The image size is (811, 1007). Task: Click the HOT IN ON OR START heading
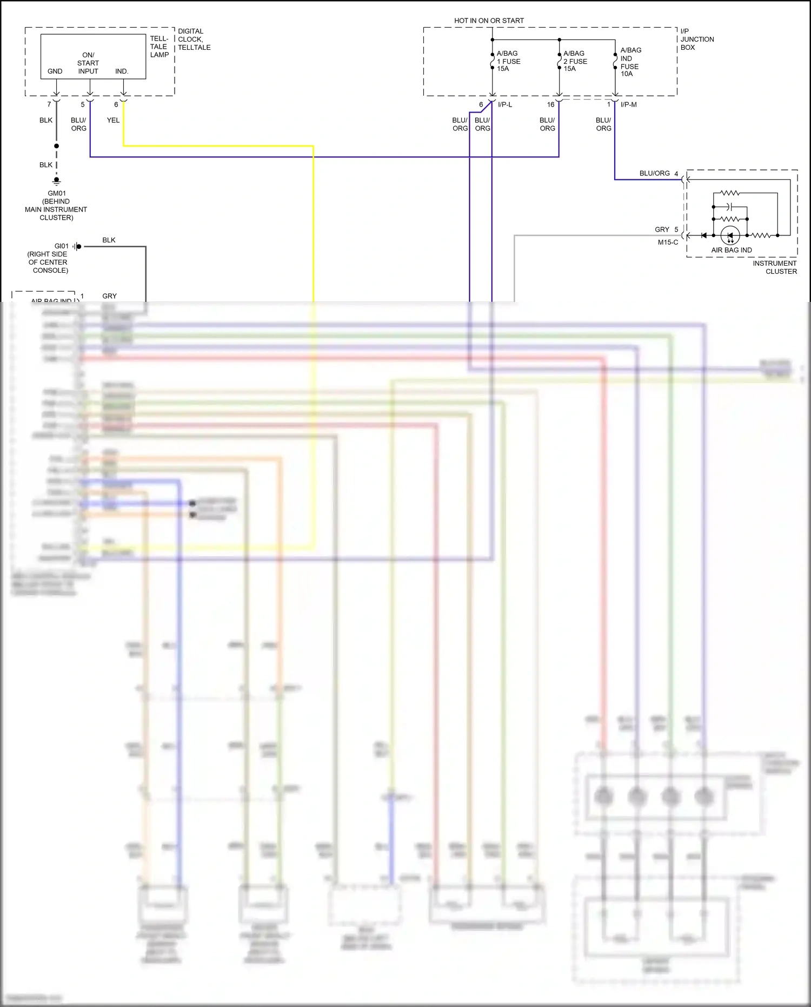[x=489, y=21]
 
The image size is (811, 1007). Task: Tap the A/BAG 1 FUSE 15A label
[x=508, y=61]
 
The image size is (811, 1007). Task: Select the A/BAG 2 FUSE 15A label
[x=575, y=61]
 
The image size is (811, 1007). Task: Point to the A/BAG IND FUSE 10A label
[x=630, y=62]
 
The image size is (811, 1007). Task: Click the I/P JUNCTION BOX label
[x=697, y=40]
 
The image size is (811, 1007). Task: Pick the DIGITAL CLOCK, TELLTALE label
[x=194, y=40]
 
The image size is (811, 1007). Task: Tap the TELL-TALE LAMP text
[x=159, y=47]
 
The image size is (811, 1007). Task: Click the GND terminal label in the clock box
[x=55, y=71]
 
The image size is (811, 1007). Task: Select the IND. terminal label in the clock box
[x=122, y=71]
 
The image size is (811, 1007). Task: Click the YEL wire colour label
[x=113, y=120]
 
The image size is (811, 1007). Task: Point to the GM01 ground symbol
[x=56, y=181]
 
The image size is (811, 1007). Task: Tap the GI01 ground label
[x=62, y=246]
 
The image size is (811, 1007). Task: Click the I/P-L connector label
[x=505, y=104]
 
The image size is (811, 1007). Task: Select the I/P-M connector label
[x=628, y=104]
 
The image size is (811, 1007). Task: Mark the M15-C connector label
[x=668, y=242]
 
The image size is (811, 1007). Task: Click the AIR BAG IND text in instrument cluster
[x=731, y=250]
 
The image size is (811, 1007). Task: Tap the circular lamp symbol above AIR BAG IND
[x=730, y=235]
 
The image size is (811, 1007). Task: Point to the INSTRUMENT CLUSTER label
[x=775, y=267]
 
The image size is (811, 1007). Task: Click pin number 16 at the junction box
[x=550, y=104]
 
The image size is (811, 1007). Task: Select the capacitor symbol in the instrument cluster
[x=729, y=206]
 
